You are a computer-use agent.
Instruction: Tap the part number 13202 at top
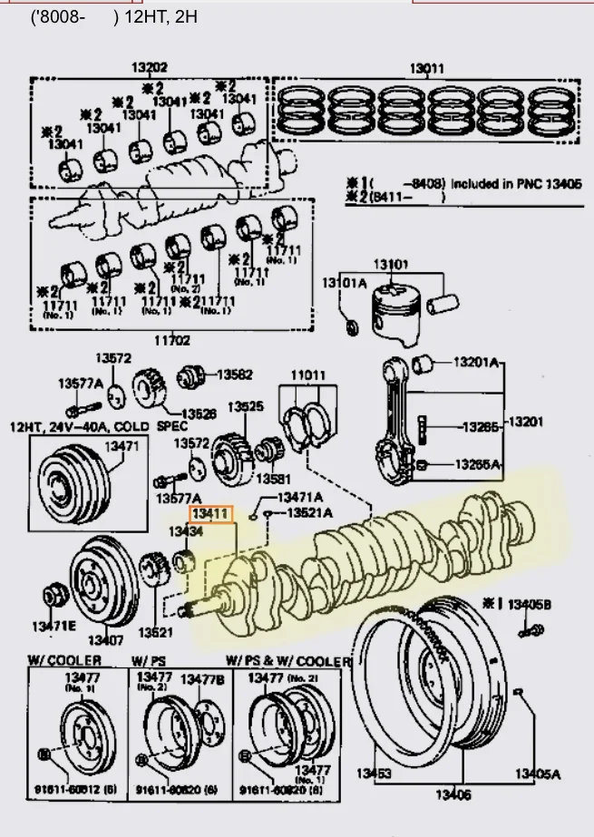(149, 67)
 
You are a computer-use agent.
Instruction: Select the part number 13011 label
(426, 68)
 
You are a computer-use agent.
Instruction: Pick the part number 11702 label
(171, 341)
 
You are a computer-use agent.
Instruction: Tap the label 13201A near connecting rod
(476, 363)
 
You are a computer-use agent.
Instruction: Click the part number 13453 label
(373, 773)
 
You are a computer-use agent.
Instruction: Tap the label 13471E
(54, 626)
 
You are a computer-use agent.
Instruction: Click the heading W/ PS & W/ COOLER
(287, 661)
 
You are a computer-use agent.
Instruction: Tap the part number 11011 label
(307, 375)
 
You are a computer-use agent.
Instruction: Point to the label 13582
(234, 374)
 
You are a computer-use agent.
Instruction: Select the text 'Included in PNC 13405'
(513, 182)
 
